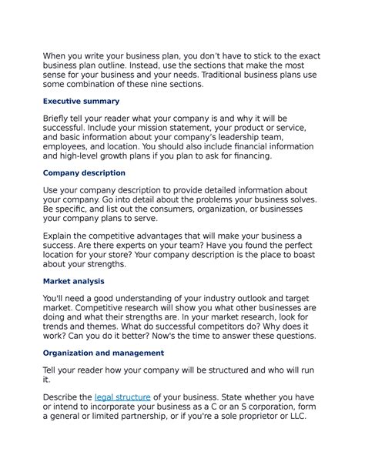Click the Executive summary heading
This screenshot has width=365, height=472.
tap(81, 101)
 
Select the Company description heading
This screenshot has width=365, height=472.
tap(84, 173)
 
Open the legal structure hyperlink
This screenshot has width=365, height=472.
tap(122, 397)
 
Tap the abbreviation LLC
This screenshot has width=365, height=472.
tap(296, 417)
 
